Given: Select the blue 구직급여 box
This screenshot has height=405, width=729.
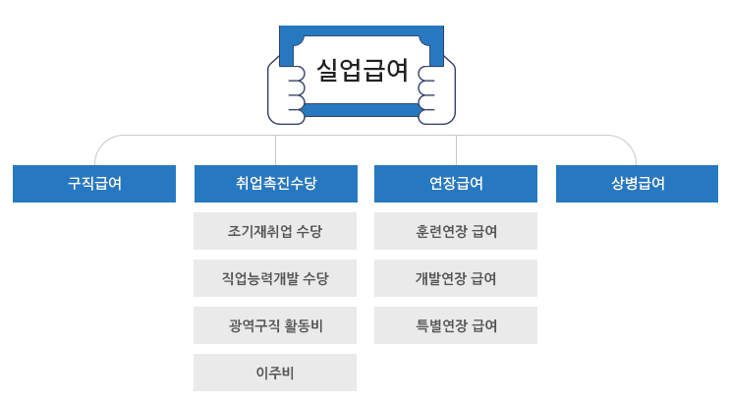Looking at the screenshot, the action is pyautogui.click(x=94, y=184).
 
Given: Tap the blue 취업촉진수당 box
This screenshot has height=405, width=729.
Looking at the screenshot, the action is pyautogui.click(x=275, y=184).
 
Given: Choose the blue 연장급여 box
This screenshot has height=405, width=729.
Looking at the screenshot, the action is pyautogui.click(x=456, y=184).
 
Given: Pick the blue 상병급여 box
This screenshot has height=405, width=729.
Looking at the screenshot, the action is pyautogui.click(x=637, y=184).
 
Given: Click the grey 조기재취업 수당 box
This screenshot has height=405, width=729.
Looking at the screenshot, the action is pyautogui.click(x=275, y=232).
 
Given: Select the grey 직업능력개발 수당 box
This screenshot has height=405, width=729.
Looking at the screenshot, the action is pyautogui.click(x=275, y=279).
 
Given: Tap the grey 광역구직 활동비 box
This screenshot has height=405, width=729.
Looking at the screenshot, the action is pyautogui.click(x=275, y=326).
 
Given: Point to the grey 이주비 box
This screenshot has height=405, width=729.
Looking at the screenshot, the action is pyautogui.click(x=275, y=374).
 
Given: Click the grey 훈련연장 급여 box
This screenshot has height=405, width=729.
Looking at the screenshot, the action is pyautogui.click(x=456, y=232).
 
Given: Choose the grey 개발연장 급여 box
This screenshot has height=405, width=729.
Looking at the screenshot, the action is pyautogui.click(x=456, y=279).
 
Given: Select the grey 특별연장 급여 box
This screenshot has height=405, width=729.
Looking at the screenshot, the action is pyautogui.click(x=456, y=326).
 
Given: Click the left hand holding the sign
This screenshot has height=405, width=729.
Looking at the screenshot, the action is pyautogui.click(x=286, y=93).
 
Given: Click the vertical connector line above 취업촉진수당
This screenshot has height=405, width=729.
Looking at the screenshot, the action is pyautogui.click(x=275, y=150).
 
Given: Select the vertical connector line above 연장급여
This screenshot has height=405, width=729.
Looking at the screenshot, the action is pyautogui.click(x=456, y=150).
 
